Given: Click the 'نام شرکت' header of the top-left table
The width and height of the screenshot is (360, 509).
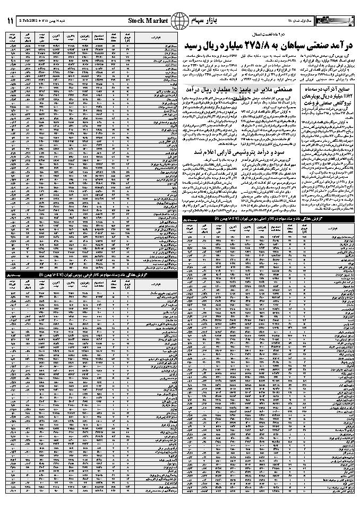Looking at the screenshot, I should click(157, 38).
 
